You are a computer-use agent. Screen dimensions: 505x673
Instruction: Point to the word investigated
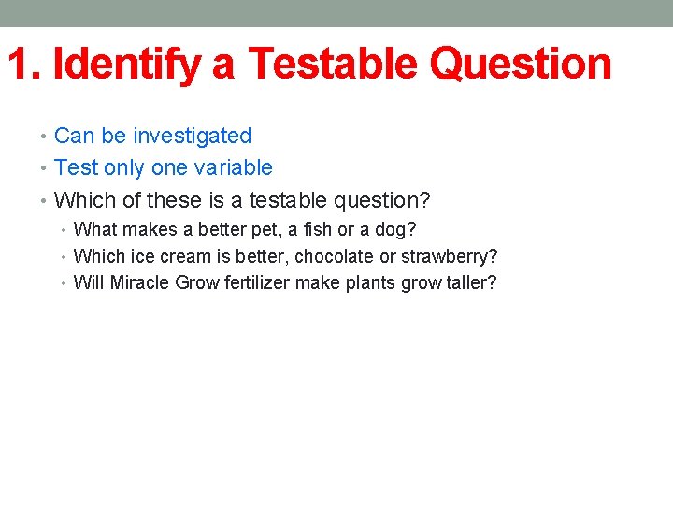tap(192, 137)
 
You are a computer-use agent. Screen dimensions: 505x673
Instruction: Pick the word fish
tap(299, 230)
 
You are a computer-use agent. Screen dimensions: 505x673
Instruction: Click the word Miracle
tap(139, 283)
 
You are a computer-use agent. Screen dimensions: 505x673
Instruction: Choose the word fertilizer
tap(258, 283)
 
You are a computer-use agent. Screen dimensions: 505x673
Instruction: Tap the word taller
tap(471, 283)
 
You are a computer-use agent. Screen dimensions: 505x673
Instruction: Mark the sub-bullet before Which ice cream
tap(65, 257)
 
